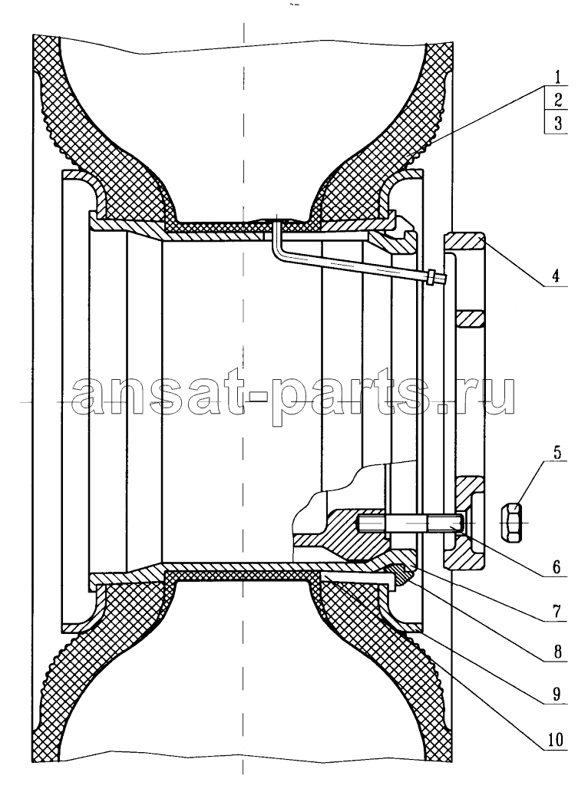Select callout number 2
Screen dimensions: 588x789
558,99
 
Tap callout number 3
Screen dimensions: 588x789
558,122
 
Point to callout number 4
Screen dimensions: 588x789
556,276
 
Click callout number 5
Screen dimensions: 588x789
557,451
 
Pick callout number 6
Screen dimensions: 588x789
557,567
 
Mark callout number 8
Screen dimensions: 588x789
557,652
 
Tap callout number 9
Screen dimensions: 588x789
557,694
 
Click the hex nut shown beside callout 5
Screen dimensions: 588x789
511,523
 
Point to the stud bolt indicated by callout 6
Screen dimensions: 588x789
409,523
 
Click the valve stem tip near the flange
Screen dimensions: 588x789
436,278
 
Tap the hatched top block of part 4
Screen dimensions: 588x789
464,240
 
